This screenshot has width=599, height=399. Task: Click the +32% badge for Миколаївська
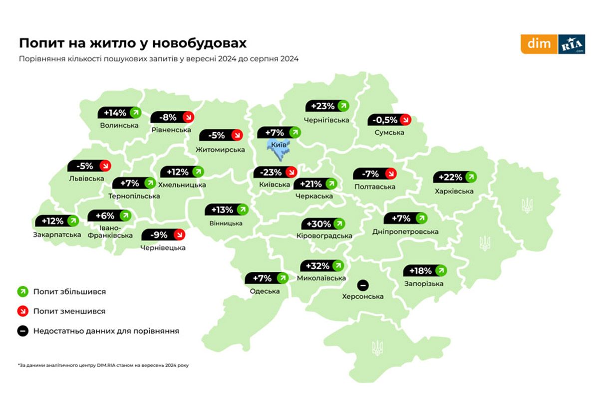point(322,265)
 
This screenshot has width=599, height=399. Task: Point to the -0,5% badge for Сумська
point(389,120)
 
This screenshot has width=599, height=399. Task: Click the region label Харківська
point(453,191)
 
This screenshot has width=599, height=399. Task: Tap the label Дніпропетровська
point(405,232)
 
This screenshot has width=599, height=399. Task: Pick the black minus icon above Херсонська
point(363,285)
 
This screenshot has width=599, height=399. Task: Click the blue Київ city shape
point(278,148)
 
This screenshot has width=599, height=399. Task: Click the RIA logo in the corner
point(572,44)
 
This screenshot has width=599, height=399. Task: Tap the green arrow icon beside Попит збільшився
point(22,291)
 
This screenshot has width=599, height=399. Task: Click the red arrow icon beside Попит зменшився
point(22,311)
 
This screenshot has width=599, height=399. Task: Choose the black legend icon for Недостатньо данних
point(22,330)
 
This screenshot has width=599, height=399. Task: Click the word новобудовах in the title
point(200,42)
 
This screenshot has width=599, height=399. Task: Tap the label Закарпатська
point(56,234)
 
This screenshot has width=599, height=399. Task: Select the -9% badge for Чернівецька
point(163,234)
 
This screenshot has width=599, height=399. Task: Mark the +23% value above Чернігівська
point(327,106)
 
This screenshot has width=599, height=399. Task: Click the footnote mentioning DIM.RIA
point(103,365)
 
